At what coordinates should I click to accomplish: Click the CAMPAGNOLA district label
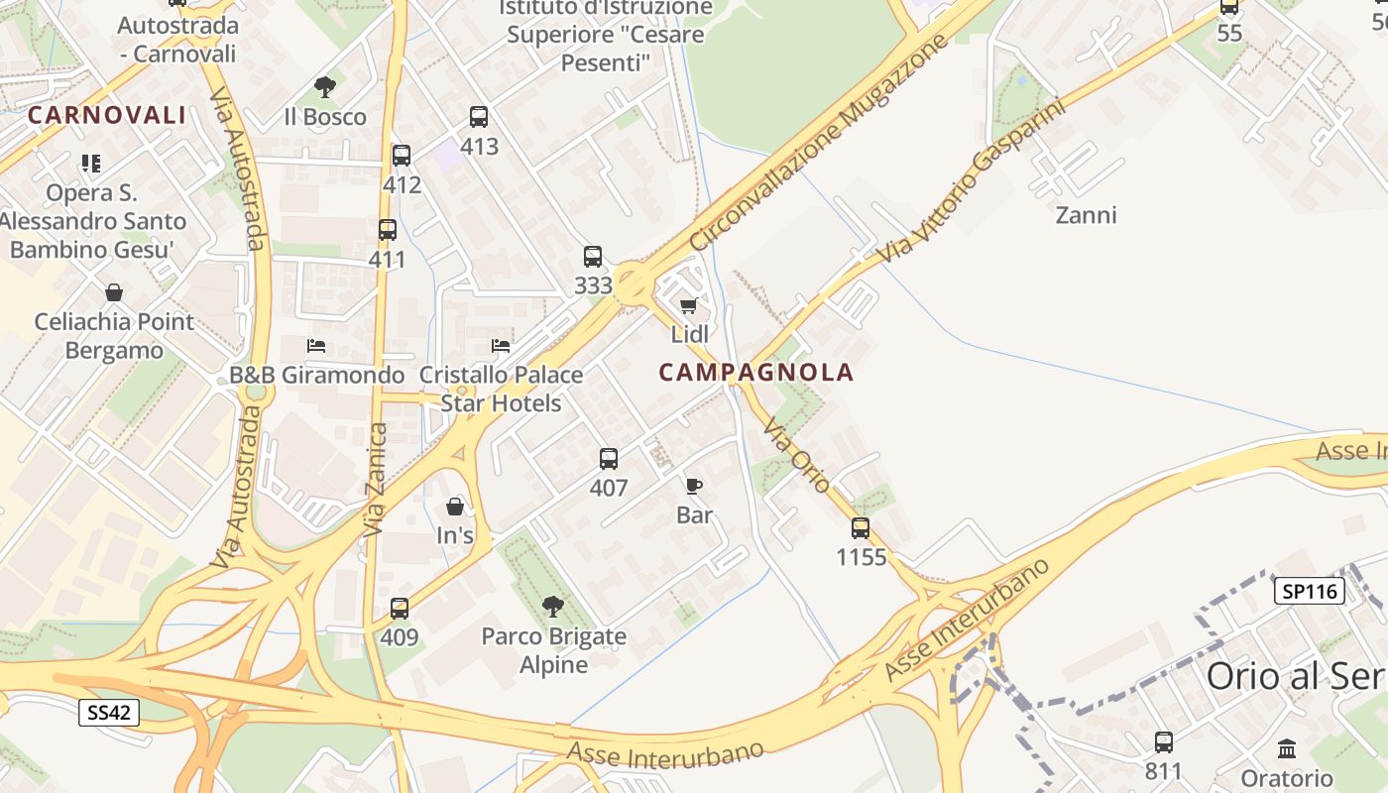(755, 373)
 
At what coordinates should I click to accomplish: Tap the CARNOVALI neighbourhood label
(107, 115)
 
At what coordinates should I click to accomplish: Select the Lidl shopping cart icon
(689, 305)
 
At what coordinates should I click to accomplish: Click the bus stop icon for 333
(593, 257)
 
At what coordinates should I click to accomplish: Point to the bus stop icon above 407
(609, 459)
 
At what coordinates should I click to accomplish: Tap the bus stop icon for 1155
(861, 528)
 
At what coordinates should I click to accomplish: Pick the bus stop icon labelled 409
(400, 609)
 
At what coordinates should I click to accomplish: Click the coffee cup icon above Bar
(694, 486)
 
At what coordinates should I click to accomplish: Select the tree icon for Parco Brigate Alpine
(553, 607)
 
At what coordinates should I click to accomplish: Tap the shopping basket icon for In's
(455, 507)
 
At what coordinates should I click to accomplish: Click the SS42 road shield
(109, 712)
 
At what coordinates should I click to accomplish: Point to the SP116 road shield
(1309, 592)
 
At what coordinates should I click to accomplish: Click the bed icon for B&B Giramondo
(316, 346)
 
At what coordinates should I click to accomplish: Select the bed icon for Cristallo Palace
(501, 346)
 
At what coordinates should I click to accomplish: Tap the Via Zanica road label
(375, 481)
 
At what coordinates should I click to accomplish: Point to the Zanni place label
(1086, 215)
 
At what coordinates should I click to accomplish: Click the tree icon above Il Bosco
(324, 87)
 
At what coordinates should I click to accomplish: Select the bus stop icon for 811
(1164, 741)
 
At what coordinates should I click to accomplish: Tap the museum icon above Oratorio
(1287, 748)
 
